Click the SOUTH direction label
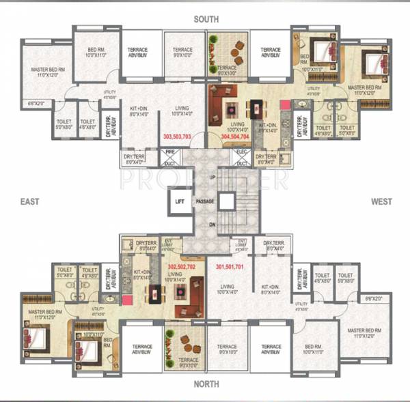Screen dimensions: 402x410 (206, 19)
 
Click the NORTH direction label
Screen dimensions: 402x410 (206, 384)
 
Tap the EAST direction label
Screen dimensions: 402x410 (29, 201)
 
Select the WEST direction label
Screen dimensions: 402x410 (381, 201)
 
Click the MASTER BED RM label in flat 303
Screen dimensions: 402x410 (47, 72)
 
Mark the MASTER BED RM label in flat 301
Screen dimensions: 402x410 (363, 330)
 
